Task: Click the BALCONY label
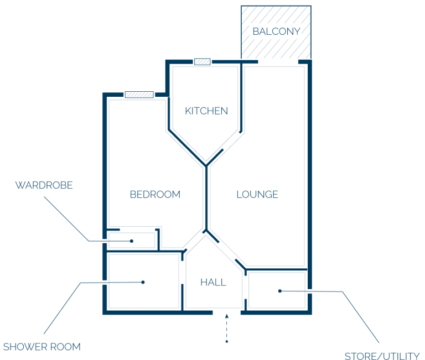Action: point(276,32)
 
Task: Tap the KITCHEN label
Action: point(206,111)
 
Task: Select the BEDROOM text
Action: point(155,194)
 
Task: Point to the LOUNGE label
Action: point(257,194)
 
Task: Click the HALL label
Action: point(213,282)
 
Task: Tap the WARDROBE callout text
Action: point(44,185)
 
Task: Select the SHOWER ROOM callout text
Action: point(42,347)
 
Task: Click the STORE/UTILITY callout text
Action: point(382,356)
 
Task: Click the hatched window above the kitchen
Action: point(203,62)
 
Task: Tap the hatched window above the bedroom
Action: point(139,95)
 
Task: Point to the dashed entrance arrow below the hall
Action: point(227,328)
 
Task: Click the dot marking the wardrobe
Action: point(132,241)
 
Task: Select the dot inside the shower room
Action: point(143,282)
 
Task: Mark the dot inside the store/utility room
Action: point(280,291)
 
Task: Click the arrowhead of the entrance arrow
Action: point(227,316)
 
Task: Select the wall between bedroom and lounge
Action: point(206,198)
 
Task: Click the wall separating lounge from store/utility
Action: point(276,269)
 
